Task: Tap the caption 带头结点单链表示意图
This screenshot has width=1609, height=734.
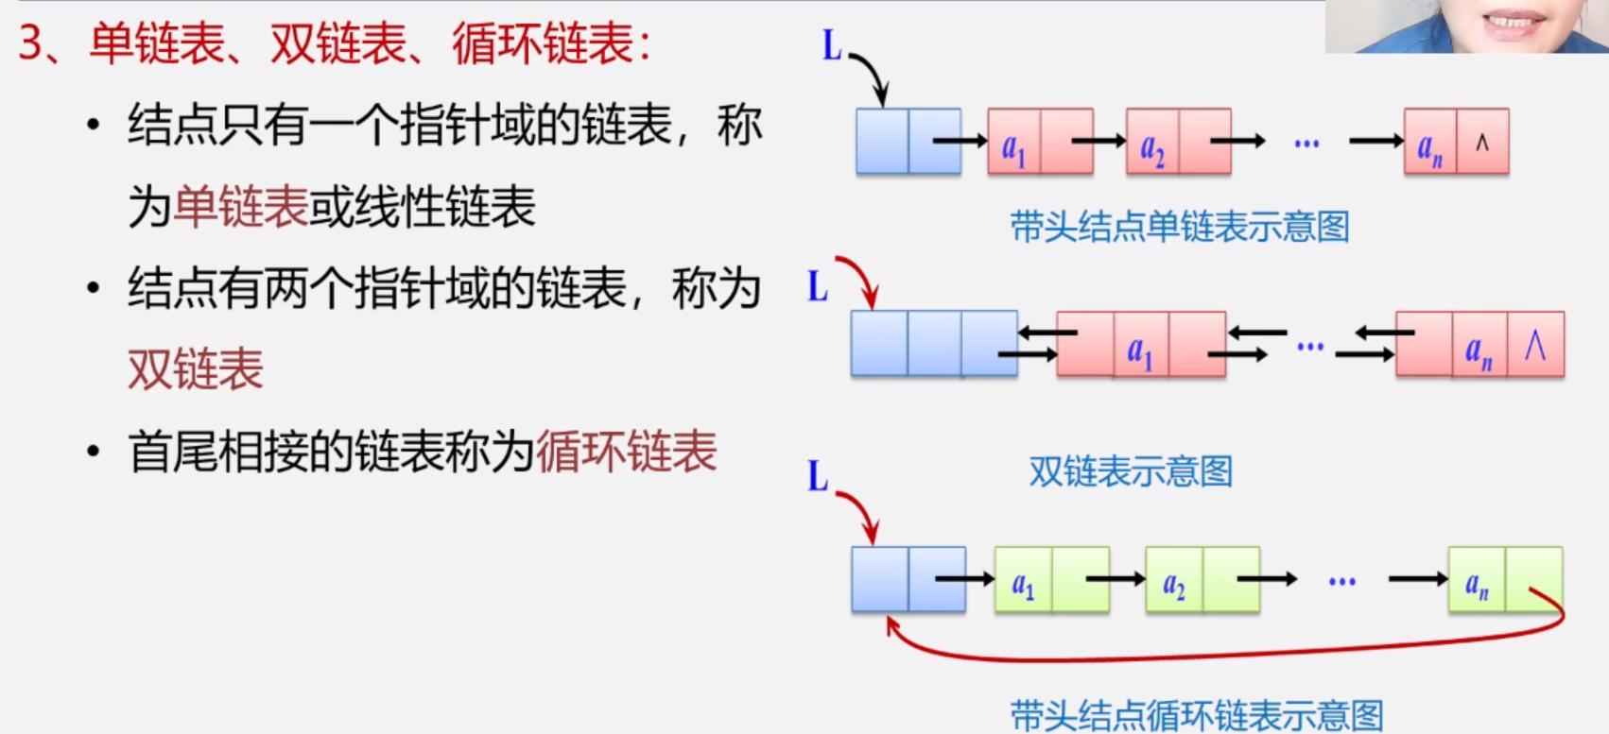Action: [x=1179, y=227]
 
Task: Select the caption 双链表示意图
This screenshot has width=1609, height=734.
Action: [x=1131, y=470]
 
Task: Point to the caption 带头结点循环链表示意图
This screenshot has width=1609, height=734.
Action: [x=1196, y=715]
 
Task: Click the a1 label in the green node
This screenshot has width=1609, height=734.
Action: [x=1023, y=585]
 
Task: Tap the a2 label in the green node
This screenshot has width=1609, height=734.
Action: [x=1173, y=585]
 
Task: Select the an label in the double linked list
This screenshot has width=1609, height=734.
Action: [x=1479, y=352]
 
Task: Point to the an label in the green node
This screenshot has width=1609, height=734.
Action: [x=1477, y=585]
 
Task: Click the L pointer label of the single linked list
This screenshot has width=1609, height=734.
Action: [x=832, y=45]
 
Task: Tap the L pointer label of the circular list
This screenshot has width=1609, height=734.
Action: [x=818, y=477]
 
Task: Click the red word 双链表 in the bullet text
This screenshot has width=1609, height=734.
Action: [x=196, y=369]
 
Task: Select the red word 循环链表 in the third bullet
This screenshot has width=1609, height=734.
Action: [x=627, y=452]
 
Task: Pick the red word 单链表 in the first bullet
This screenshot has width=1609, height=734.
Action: [x=241, y=207]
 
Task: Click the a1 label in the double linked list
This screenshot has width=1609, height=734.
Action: [x=1140, y=352]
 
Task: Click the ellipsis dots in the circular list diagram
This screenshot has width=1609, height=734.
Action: [x=1341, y=581]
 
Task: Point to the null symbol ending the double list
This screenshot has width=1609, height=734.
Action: [x=1535, y=346]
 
